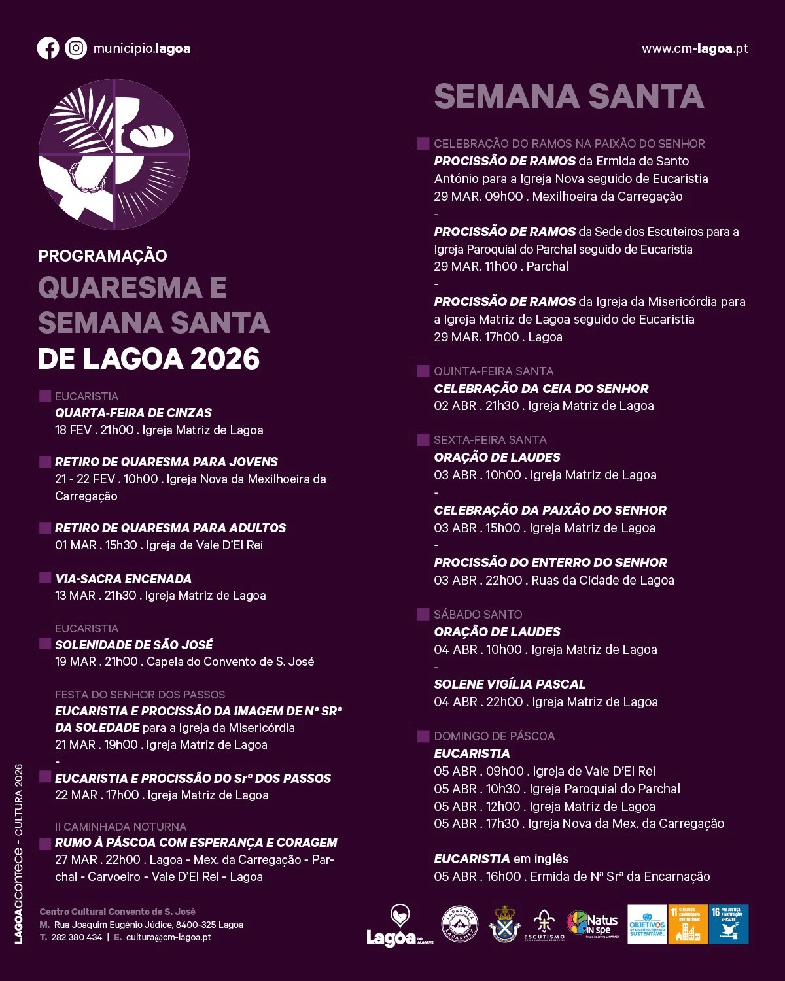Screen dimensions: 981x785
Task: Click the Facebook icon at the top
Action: tap(48, 48)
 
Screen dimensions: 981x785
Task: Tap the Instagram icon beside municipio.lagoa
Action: tap(76, 48)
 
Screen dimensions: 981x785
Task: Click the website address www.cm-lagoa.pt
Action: tap(695, 49)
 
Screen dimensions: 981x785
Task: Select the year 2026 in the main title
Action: tap(225, 359)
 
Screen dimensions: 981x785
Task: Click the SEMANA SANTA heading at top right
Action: tap(568, 96)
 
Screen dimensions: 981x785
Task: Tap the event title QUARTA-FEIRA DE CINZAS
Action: tap(133, 413)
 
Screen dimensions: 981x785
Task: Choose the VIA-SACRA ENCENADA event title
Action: tap(123, 579)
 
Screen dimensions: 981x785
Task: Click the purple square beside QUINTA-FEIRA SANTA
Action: tap(423, 371)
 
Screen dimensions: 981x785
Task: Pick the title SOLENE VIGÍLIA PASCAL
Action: tap(510, 684)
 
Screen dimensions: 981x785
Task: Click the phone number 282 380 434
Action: tap(77, 937)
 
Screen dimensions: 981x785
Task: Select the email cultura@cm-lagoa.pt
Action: tap(168, 937)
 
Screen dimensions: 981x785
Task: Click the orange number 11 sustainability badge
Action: tap(688, 924)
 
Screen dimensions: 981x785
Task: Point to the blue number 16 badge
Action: tap(729, 924)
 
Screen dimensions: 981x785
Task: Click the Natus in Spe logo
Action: tap(591, 925)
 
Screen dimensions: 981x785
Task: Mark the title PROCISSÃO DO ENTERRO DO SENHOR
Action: tap(550, 562)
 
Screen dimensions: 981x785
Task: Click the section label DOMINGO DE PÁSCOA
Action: tap(494, 736)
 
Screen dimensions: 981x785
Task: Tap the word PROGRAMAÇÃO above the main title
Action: tap(103, 256)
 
